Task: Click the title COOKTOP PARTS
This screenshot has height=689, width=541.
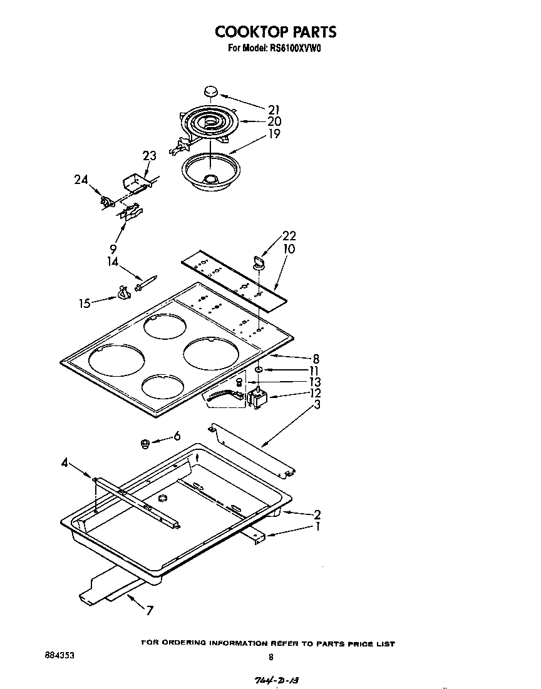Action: coord(276,31)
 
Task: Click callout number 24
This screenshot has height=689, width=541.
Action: coord(81,180)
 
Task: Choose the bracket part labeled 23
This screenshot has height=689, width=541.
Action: coord(135,184)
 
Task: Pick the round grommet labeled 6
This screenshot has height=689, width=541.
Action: coord(145,444)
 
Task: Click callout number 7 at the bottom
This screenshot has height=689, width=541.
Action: coord(150,611)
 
